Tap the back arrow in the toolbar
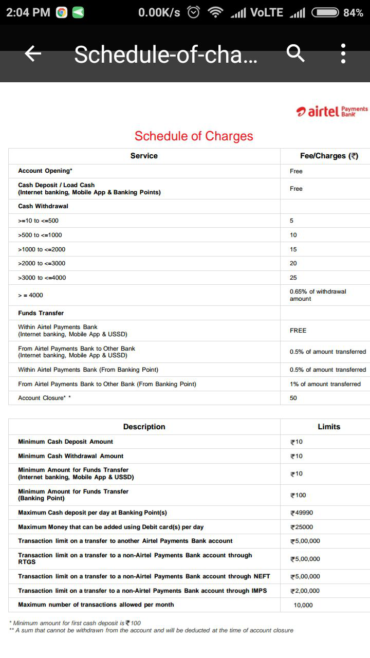pos(33,53)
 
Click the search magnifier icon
pos(295,53)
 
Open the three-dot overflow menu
pos(343,53)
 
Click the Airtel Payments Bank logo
pos(332,111)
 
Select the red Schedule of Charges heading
pos(194,136)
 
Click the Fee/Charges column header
pos(329,156)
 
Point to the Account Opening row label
pos(45,171)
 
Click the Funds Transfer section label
pos(41,313)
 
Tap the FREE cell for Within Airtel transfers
pos(298,331)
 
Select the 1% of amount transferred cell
pos(325,384)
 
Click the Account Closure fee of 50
pos(293,398)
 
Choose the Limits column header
pos(329,427)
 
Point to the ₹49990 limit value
pos(302,513)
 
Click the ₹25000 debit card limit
pos(302,527)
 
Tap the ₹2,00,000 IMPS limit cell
pos(305,591)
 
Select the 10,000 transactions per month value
pos(303,605)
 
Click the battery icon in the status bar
pos(325,12)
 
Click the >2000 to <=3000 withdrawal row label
pos(42,263)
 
